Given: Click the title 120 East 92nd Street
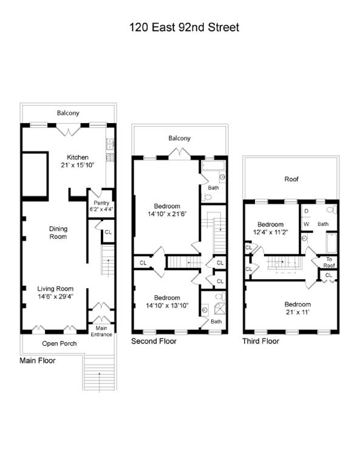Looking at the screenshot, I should [x=184, y=27].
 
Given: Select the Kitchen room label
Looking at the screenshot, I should [x=78, y=158].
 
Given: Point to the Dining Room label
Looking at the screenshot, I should [x=59, y=232].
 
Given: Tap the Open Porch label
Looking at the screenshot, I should [x=58, y=343].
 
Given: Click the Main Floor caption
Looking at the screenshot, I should [x=38, y=360].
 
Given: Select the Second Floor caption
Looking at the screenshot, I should [x=154, y=342].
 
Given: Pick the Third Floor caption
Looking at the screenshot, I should [x=261, y=341].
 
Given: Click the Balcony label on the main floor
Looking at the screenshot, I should [x=68, y=113].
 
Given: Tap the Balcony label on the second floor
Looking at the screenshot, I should [x=179, y=138].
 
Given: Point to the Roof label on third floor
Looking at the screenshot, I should [x=291, y=180].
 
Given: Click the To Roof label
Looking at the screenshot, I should [x=328, y=262].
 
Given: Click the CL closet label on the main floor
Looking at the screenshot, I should [x=108, y=232].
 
